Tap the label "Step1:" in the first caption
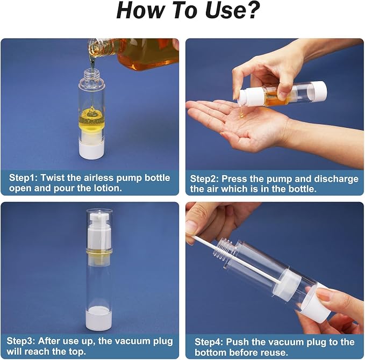tap(23, 178)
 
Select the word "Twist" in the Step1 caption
tap(52, 178)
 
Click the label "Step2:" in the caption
tap(204, 179)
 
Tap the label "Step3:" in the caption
tap(21, 341)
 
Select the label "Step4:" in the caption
tap(209, 342)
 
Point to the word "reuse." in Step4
tap(275, 352)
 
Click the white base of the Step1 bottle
tap(91, 149)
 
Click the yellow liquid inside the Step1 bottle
tap(92, 119)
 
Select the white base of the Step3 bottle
tap(99, 319)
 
